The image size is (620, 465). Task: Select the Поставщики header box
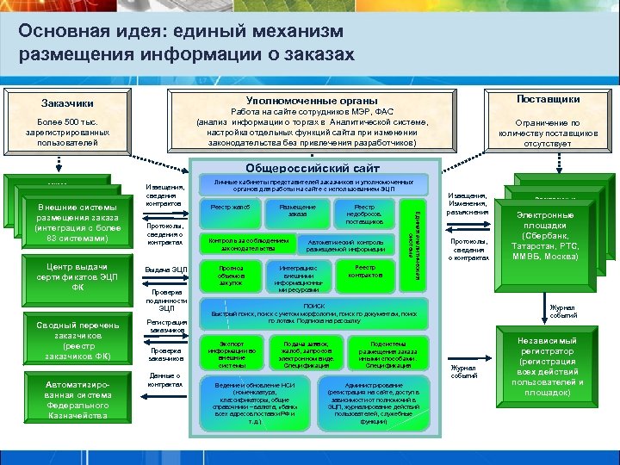coord(548,100)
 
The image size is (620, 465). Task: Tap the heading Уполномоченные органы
coord(311,101)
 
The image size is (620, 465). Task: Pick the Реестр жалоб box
coord(228,210)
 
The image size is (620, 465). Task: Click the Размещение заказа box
coord(298,211)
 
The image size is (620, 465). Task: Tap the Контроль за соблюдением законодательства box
coord(248,243)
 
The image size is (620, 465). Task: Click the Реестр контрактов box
coord(365,272)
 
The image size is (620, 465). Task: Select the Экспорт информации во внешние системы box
coord(226,354)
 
